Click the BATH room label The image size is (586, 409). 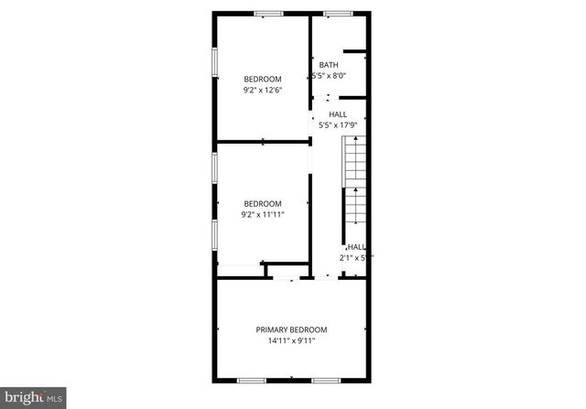329,65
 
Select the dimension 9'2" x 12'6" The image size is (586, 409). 262,90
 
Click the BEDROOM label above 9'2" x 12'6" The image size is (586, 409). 262,79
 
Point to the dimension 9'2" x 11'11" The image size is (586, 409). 262,215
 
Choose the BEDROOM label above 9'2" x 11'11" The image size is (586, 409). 262,204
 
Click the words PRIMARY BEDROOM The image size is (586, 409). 291,329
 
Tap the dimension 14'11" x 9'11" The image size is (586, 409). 291,341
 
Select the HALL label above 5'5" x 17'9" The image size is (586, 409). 337,114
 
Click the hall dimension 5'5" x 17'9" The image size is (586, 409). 337,125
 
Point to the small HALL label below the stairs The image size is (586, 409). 355,247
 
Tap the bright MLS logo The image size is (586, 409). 34,396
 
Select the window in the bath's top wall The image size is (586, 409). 339,13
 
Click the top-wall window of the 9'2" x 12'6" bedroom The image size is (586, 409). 268,13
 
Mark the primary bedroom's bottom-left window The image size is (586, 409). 252,380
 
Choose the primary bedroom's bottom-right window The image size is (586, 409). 326,380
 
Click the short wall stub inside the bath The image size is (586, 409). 355,51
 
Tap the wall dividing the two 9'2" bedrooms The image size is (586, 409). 262,142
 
